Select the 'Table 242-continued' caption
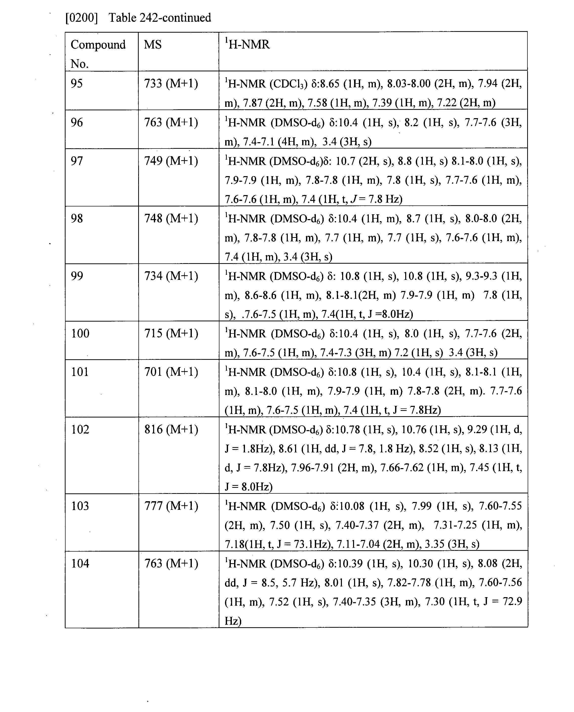click(x=160, y=17)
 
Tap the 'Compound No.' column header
click(x=98, y=54)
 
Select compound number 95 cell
click(x=77, y=83)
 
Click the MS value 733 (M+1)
click(x=171, y=83)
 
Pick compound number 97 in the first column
click(x=77, y=161)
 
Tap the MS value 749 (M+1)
click(x=171, y=161)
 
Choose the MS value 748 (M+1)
click(x=171, y=219)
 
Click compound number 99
click(x=77, y=276)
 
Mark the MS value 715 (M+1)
click(x=171, y=333)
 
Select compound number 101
click(x=80, y=372)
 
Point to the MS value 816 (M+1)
click(x=171, y=429)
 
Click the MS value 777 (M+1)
click(x=171, y=506)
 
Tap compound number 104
click(x=80, y=563)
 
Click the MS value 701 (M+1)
click(x=171, y=372)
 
